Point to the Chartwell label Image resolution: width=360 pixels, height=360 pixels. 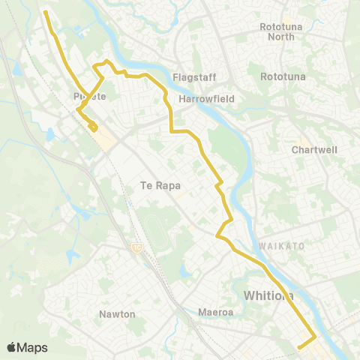pos(313,149)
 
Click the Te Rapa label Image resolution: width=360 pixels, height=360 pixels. pos(160,186)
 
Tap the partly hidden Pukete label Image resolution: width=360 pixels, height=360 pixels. pos(89,97)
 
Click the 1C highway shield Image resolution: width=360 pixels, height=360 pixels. pos(136,246)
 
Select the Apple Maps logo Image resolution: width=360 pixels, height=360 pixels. pos(27,347)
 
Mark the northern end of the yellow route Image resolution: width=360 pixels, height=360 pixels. pos(46,12)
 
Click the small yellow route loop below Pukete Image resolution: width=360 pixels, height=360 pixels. pos(92,127)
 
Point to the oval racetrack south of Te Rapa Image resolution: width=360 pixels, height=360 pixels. pos(154,226)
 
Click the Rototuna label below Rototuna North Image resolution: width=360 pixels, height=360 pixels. pos(280,76)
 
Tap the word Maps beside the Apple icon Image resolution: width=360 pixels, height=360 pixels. pos(33,347)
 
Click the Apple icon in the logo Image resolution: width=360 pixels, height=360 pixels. pos(11,347)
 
